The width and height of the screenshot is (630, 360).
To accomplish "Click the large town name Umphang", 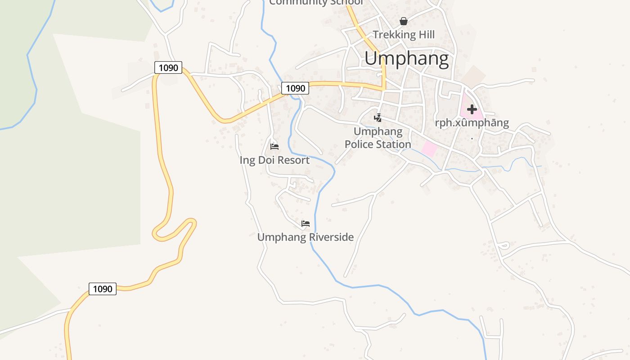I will point(406,59).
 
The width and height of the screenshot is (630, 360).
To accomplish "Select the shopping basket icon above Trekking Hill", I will point(404,21).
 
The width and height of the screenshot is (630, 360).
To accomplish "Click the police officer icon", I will point(378,118).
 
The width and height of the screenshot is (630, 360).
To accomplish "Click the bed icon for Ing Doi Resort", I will point(274,147).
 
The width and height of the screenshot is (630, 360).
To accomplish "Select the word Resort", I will point(293,160).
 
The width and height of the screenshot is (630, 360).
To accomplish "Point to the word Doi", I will point(265,160).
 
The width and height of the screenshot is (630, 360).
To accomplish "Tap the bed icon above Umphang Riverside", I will point(306,224).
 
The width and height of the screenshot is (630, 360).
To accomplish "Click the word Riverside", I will point(332,237).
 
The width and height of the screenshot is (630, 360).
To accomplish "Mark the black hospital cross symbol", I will point(472,109).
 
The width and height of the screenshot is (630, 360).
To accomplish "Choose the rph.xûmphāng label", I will point(472,123).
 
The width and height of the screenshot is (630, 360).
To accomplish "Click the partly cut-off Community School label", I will point(316,3).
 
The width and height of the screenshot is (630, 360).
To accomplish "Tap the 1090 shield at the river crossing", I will point(295,88).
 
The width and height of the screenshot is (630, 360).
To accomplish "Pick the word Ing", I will point(247,160).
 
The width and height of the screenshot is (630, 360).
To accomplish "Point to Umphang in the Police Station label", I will point(378,131).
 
